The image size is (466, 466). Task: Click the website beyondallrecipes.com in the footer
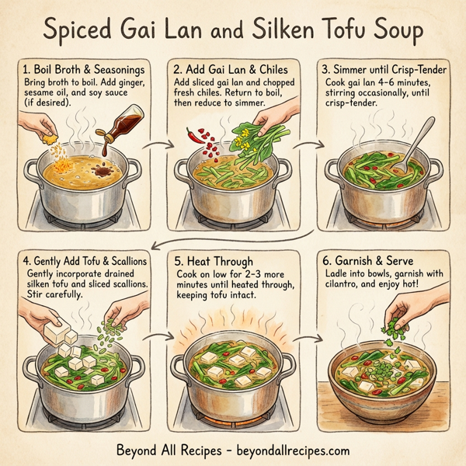pos(288,450)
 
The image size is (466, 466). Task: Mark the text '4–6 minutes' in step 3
pos(402,83)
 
